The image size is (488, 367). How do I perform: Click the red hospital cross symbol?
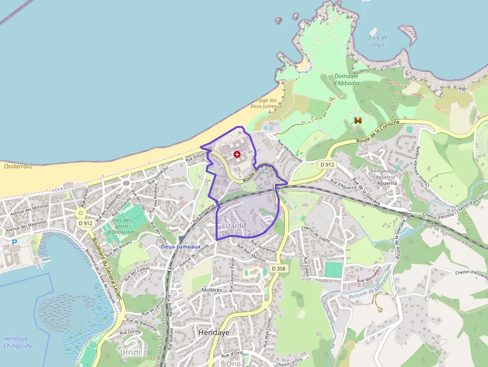[237, 155]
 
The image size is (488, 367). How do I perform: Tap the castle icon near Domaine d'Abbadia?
[358, 120]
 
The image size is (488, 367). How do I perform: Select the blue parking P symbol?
[14, 243]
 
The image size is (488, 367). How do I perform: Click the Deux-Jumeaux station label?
[181, 246]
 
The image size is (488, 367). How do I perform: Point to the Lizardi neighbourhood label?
[233, 226]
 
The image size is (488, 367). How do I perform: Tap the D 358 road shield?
[279, 268]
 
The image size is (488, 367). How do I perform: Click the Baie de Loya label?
[378, 41]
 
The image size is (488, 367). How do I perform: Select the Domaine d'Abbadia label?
[346, 80]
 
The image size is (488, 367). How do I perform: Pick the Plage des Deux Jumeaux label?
[266, 103]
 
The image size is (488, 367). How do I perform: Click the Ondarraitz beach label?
[18, 166]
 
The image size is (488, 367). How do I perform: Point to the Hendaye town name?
[214, 332]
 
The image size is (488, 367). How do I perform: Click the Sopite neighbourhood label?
[326, 255]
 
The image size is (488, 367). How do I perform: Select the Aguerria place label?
[387, 183]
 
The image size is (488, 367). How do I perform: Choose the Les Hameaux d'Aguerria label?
[383, 174]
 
